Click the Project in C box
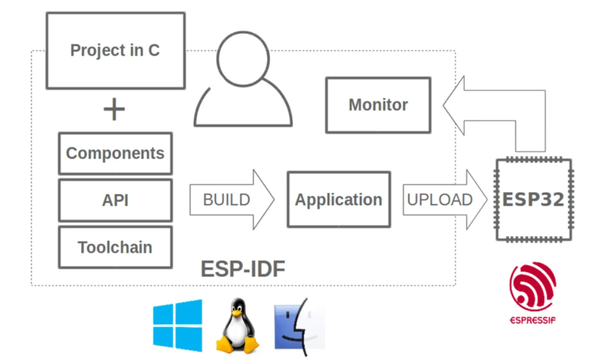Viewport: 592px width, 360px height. coord(115,50)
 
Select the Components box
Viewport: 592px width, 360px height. coord(115,153)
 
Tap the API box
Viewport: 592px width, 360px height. coord(115,200)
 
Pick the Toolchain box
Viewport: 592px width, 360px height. coord(115,247)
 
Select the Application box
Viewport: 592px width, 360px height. coord(339,200)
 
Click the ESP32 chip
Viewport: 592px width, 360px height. coord(533,200)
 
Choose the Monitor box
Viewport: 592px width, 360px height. coord(378,105)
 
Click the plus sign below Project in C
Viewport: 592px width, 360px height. coord(114,109)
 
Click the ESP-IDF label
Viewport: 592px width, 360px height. coord(243,269)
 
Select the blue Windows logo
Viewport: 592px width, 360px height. coord(177,325)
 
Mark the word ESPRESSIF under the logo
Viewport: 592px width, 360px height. coord(532,320)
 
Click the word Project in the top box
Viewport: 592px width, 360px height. coord(94,50)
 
